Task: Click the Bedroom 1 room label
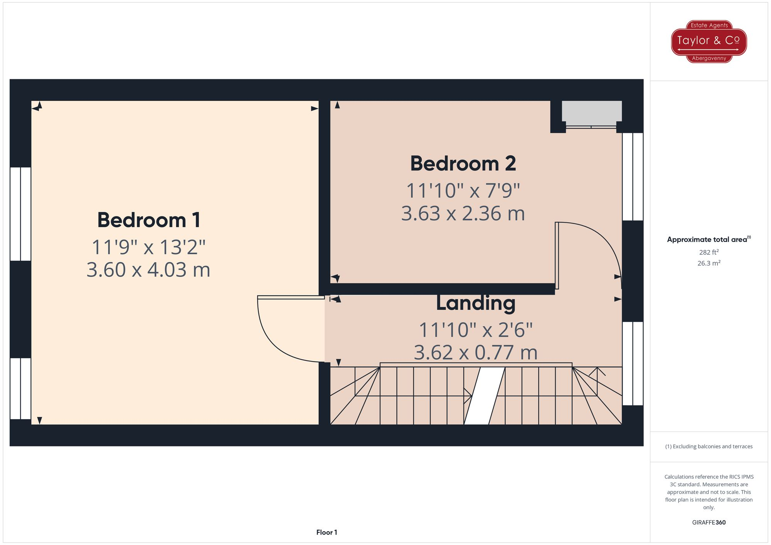(149, 220)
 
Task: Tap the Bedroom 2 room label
(463, 164)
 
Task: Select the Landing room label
(476, 303)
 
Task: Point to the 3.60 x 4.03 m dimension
(148, 270)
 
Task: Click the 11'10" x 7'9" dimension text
(463, 191)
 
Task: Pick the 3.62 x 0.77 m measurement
(476, 352)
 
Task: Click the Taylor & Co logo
(709, 41)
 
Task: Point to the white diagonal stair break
(484, 396)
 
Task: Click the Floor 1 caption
(327, 532)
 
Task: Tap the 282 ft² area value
(709, 252)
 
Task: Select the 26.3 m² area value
(709, 263)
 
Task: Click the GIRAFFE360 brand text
(709, 523)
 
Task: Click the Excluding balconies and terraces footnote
(709, 446)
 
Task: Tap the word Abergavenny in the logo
(709, 59)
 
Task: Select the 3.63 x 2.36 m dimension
(463, 213)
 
